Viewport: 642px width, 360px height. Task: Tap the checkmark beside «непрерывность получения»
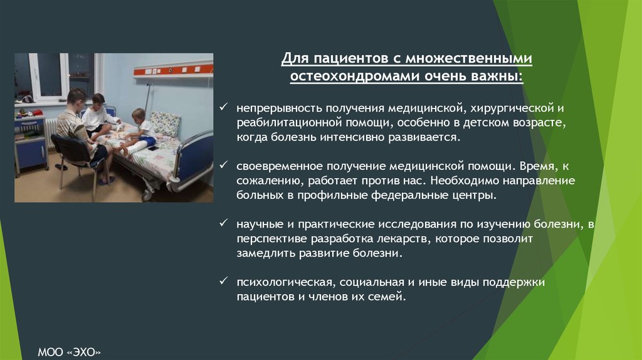(x=224, y=107)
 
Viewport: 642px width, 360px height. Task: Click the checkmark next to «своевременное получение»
(x=224, y=165)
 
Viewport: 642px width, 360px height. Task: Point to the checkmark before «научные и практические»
(x=224, y=223)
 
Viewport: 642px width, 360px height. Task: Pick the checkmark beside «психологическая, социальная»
(x=224, y=281)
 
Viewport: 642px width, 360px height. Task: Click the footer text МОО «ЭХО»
(x=69, y=352)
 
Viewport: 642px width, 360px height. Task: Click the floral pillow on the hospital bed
(x=164, y=124)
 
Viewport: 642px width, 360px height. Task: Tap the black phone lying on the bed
(x=153, y=148)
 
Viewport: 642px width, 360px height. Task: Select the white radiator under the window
(x=50, y=132)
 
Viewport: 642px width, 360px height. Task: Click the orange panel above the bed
(x=173, y=70)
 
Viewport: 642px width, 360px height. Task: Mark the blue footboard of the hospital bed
(x=195, y=160)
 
